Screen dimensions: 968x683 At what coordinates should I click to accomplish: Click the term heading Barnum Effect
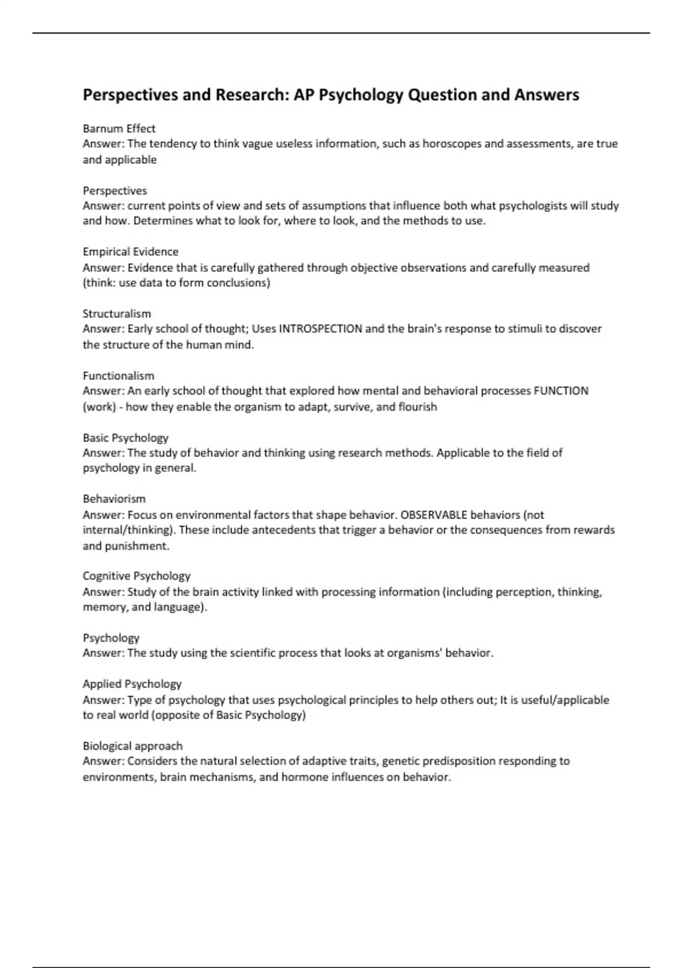pos(119,129)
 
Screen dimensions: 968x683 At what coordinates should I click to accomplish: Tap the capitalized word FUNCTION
pos(561,391)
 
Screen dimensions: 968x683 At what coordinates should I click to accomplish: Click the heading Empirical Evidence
pos(130,252)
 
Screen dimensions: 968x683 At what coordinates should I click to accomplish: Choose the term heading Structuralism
pos(117,314)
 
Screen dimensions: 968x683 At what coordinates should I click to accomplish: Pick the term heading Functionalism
pos(118,376)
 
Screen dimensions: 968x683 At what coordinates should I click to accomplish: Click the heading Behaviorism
pos(114,499)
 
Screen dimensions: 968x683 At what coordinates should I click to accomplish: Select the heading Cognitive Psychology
pos(137,576)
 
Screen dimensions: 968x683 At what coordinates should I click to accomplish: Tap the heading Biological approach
pos(133,746)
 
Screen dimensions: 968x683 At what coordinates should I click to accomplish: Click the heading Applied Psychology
pos(132,684)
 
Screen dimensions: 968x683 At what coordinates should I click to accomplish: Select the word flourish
pos(418,407)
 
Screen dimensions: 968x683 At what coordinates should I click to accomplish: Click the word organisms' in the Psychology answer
pos(414,653)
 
